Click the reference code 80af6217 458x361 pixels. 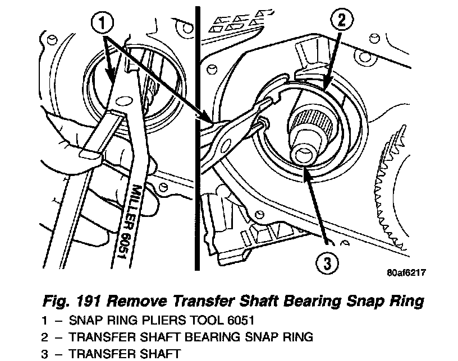(x=406, y=274)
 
